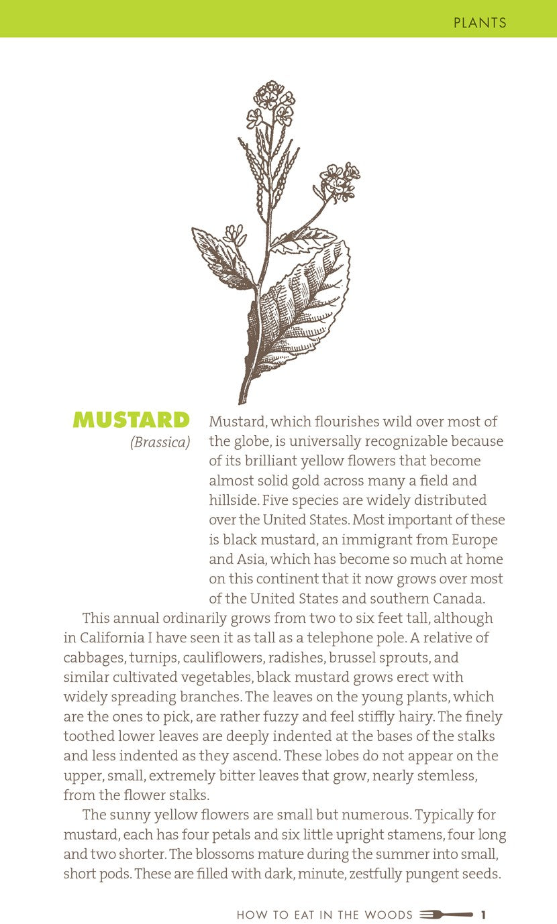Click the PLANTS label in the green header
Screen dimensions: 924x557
pyautogui.click(x=480, y=23)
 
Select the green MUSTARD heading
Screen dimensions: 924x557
pyautogui.click(x=132, y=420)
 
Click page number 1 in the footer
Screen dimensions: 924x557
pyautogui.click(x=483, y=915)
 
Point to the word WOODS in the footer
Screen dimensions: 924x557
pyautogui.click(x=389, y=915)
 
